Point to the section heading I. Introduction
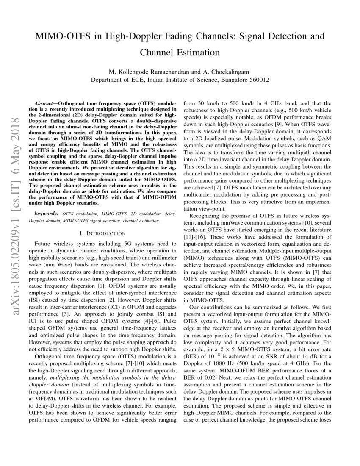tap(102, 233)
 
